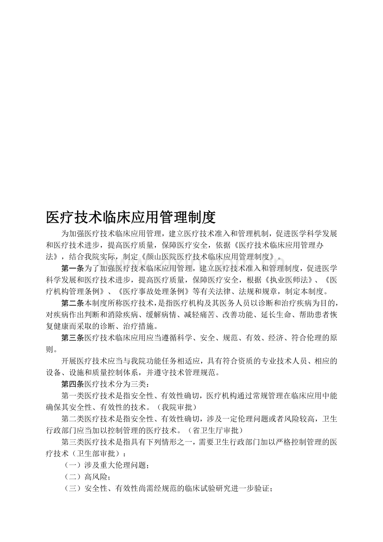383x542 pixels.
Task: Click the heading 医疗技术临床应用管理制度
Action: coord(130,217)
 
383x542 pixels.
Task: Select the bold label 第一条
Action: coord(73,268)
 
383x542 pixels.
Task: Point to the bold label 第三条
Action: coord(73,338)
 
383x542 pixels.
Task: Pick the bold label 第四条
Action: coord(73,384)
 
